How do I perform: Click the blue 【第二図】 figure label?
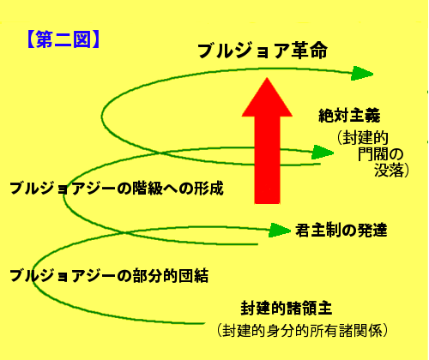[x=63, y=39]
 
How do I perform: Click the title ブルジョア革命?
[x=263, y=51]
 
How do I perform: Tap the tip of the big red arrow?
[x=267, y=78]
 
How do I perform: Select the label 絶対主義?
[x=349, y=116]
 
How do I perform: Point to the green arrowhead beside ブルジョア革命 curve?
[x=362, y=74]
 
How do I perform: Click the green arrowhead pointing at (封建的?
[x=323, y=153]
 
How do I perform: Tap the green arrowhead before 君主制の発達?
[x=280, y=230]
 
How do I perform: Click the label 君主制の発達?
[x=341, y=231]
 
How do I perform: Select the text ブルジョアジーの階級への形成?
[x=117, y=189]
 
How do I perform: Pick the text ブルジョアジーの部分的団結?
[x=109, y=276]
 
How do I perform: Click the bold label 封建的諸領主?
[x=287, y=308]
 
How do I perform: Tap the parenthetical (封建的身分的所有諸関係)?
[x=302, y=331]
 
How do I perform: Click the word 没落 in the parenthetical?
[x=389, y=171]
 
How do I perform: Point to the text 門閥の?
[x=381, y=154]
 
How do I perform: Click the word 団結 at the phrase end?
[x=193, y=276]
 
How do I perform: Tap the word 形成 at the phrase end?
[x=208, y=189]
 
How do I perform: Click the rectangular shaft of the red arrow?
[x=267, y=160]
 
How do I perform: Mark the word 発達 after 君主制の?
[x=372, y=231]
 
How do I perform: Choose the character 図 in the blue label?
[x=82, y=39]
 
